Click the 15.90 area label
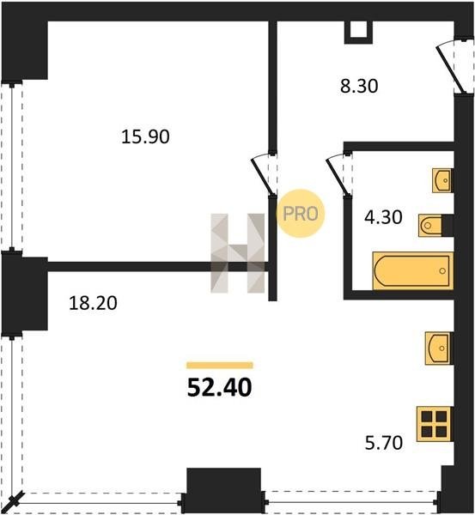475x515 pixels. pos(145,136)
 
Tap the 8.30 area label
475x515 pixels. pos(359,87)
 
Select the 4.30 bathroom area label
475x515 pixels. pos(383,217)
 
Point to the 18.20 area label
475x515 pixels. pos(93,303)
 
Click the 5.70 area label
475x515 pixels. pos(384,442)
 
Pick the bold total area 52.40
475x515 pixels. pos(219,388)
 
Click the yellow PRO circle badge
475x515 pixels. pos(301,214)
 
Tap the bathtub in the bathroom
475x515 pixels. pos(413,271)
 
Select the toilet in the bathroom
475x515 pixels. pos(430,225)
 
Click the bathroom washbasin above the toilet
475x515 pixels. pos(442,180)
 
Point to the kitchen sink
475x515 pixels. pos(438,348)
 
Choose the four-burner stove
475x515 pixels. pos(435,424)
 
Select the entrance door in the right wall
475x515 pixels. pos(454,67)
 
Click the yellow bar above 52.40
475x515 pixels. pos(220,366)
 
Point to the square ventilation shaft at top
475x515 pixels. pos(358,33)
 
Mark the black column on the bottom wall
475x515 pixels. pos(224,491)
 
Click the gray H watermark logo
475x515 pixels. pos(238,253)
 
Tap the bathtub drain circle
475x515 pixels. pos(442,270)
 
